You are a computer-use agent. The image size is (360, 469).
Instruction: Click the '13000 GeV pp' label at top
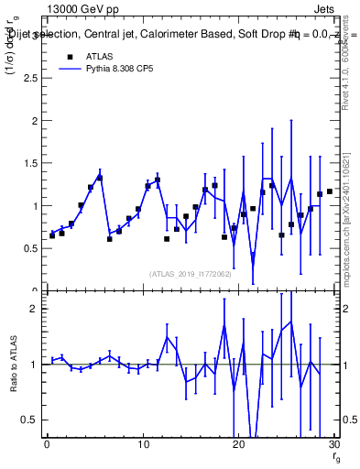(x=80, y=7)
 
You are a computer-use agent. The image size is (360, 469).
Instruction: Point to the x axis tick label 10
(x=142, y=444)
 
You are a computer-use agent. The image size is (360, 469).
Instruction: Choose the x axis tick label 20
(x=238, y=444)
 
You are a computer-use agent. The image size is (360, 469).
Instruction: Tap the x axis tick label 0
(x=47, y=444)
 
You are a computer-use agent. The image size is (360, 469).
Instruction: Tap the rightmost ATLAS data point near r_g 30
(x=329, y=191)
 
